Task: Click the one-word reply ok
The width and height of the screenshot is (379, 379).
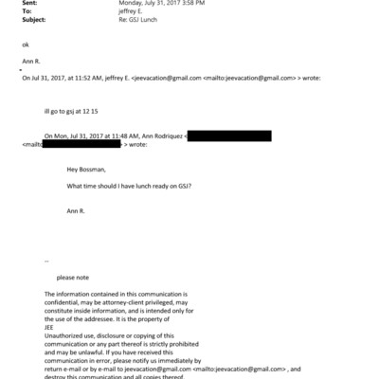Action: (25, 45)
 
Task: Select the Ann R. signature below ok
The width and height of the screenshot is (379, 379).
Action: (30, 63)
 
